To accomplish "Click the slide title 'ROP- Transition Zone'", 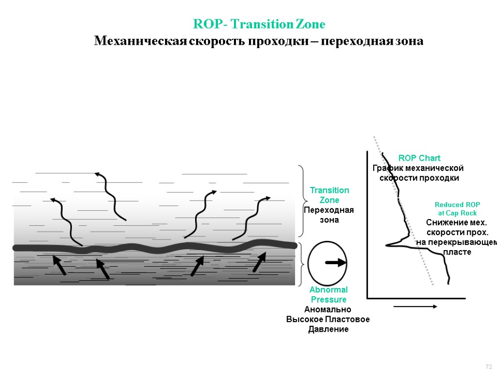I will pos(259,24).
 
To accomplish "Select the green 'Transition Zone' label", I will pos(329,195).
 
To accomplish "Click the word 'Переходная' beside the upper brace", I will pos(329,210).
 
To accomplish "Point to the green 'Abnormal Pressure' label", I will pos(329,295).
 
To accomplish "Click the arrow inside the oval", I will pos(335,263).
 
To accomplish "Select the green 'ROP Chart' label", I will pos(419,158).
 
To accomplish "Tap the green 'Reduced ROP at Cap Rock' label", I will pos(457,209).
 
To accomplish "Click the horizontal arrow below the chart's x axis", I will pos(415,306).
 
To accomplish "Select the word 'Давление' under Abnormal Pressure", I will pos(329,329).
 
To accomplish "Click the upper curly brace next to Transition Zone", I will pos(303,201).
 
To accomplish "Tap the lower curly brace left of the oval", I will pos(303,265).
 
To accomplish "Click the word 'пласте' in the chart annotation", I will pos(457,252).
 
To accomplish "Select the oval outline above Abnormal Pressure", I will pos(309,263).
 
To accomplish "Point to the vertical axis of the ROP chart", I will pos(367,223).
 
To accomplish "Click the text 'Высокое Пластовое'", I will pos(328,319).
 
